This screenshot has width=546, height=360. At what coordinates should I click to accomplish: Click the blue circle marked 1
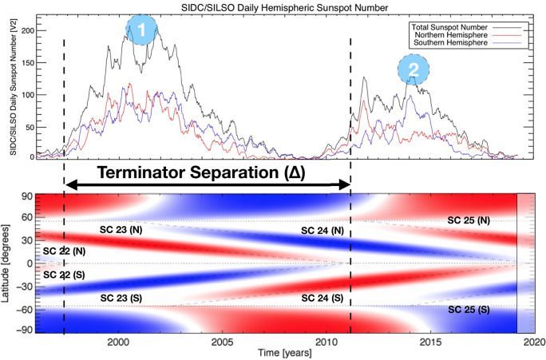coord(141,31)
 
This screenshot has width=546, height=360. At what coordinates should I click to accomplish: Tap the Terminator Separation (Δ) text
coord(203,172)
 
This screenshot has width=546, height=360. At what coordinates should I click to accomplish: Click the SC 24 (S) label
coord(322,297)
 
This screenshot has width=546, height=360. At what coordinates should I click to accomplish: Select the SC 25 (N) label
coord(468,220)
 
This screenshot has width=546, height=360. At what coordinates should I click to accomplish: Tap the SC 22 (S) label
coord(65,275)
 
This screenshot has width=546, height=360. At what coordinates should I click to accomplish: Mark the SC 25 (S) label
coord(469,309)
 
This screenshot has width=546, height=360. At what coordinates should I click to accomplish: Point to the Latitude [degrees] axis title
coord(8,263)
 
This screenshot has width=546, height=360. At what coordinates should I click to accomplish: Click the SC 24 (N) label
coord(322,231)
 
